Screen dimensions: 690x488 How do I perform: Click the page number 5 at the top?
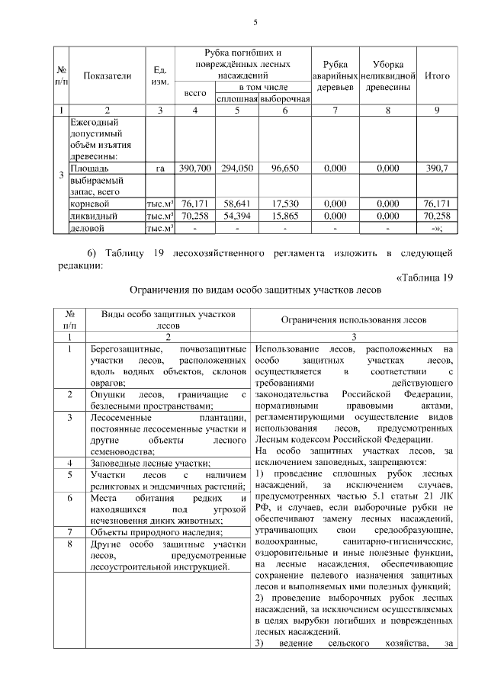tap(255, 22)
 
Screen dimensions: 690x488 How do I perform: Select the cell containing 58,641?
tap(237, 204)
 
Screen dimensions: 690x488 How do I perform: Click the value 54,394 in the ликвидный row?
tap(237, 216)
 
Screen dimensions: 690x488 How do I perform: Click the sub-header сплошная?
tap(237, 99)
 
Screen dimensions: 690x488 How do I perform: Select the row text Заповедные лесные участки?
tap(151, 463)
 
